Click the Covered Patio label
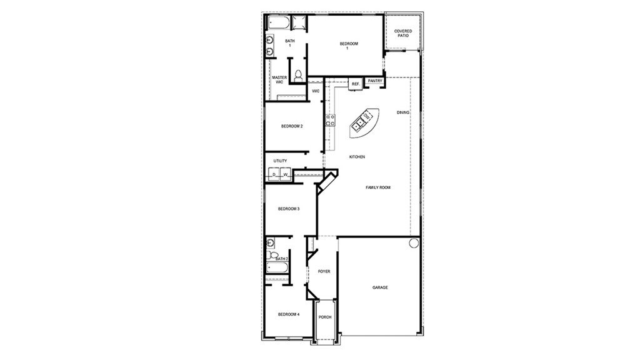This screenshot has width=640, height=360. tap(403, 33)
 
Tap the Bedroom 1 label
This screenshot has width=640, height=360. tap(349, 46)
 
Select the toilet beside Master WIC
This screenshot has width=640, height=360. tap(298, 76)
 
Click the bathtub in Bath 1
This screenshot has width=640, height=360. tap(278, 22)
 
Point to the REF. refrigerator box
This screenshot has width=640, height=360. tap(356, 84)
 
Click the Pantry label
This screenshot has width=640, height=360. tap(375, 81)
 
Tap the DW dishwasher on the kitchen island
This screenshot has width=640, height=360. tap(366, 117)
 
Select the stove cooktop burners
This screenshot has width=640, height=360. tap(330, 121)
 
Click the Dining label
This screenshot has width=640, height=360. tap(403, 112)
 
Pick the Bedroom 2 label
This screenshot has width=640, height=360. tap(292, 126)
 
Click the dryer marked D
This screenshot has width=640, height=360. tap(274, 174)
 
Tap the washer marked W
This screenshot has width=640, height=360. tap(286, 174)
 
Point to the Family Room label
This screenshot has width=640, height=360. tap(378, 187)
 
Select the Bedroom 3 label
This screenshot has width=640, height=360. tap(289, 209)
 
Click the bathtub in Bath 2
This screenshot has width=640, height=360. tap(277, 267)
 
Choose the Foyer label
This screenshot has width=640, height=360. tap(324, 271)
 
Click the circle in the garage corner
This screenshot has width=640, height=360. tap(414, 243)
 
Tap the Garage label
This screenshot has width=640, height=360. tap(380, 287)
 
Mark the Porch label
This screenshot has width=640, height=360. tap(325, 317)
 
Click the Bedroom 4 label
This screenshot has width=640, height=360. tap(289, 314)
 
